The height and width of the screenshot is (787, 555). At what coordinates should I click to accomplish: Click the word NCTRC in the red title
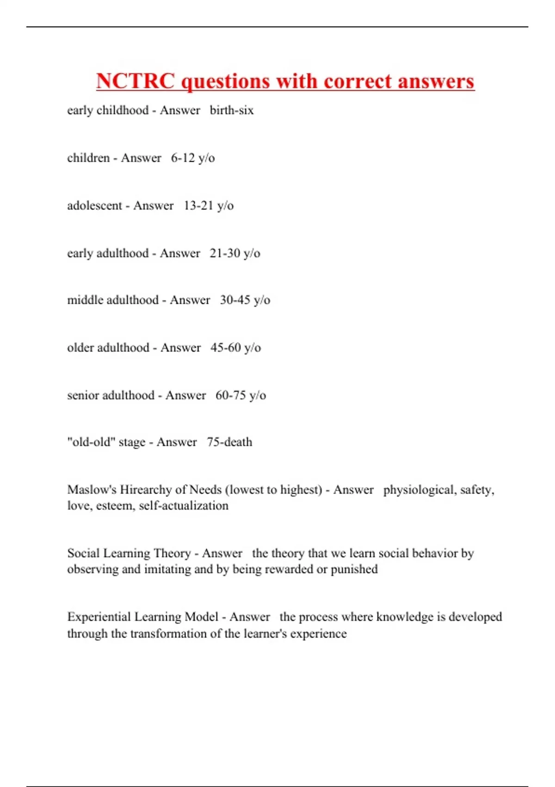[x=136, y=81]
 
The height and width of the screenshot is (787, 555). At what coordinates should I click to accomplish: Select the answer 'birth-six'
[x=232, y=110]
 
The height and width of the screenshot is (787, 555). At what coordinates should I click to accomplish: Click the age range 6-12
[x=183, y=158]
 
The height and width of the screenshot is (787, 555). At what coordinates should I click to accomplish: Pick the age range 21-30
[x=225, y=253]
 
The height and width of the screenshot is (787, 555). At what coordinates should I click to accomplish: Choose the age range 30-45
[x=235, y=300]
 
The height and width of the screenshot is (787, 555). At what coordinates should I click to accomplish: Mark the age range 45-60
[x=226, y=348]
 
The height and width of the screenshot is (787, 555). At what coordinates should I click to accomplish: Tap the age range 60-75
[x=231, y=395]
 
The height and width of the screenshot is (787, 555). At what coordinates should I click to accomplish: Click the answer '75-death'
[x=229, y=442]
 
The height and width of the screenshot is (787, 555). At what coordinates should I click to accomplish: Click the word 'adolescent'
[x=94, y=206]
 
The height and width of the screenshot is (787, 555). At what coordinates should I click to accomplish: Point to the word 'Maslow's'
[x=92, y=490]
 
